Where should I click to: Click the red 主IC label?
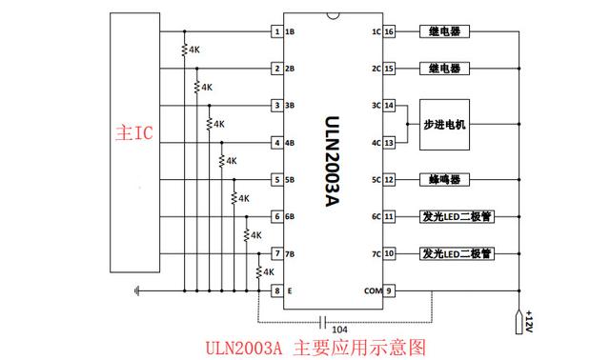132,133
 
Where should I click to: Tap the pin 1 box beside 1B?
277,31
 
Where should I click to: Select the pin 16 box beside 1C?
389,31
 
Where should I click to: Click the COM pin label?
372,291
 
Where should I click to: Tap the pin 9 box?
389,291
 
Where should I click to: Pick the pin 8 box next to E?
277,291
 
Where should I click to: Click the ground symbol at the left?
138,290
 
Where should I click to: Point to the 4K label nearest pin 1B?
193,50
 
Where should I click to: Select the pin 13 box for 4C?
389,143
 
